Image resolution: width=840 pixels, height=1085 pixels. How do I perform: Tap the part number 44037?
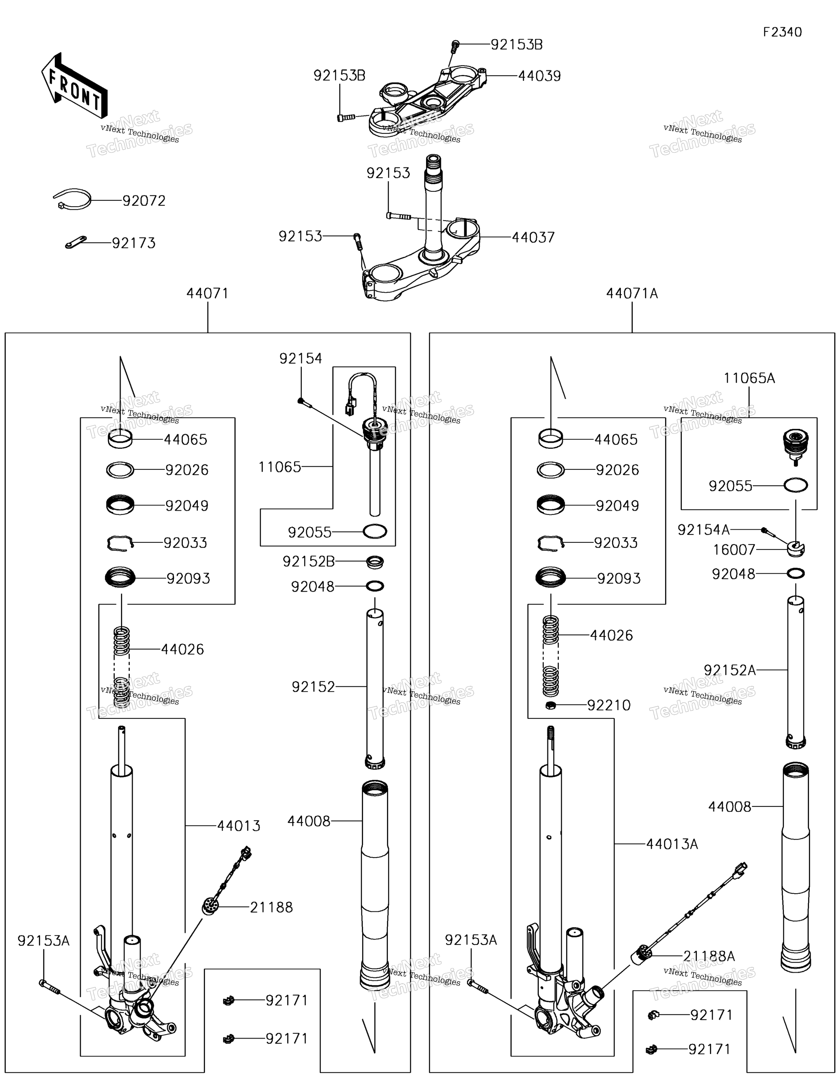533,238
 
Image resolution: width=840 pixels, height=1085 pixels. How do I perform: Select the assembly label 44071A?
632,294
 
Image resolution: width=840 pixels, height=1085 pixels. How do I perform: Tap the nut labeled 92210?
550,706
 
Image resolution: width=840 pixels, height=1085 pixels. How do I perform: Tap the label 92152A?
730,670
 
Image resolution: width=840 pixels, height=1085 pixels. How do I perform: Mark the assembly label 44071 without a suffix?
208,294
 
